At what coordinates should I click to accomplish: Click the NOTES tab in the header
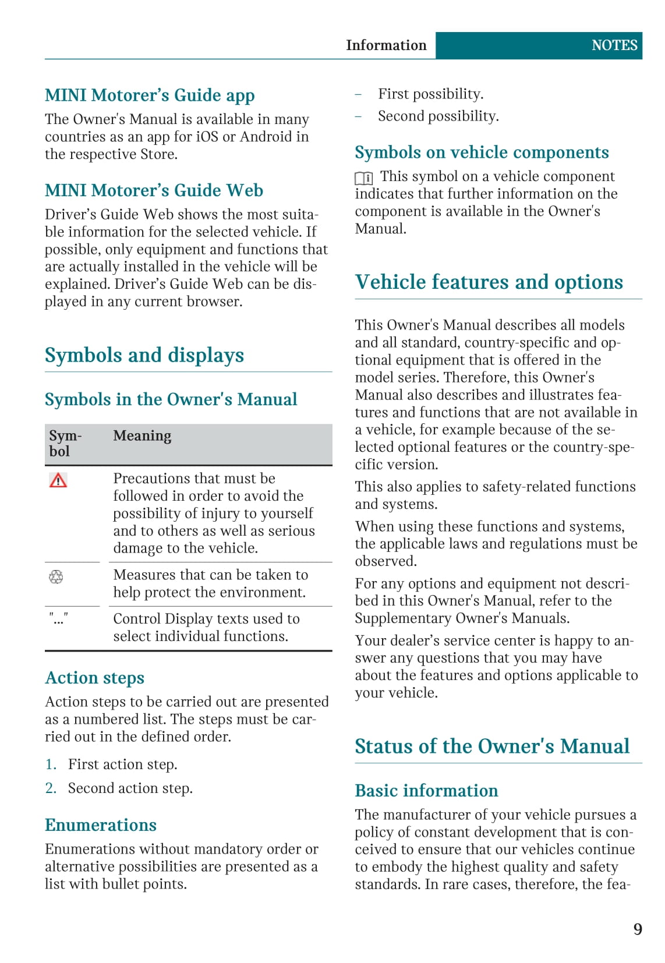pyautogui.click(x=614, y=45)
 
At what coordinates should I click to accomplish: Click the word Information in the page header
pyautogui.click(x=386, y=45)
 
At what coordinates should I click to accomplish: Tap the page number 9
pyautogui.click(x=638, y=929)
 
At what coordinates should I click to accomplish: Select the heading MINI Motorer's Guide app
pyautogui.click(x=150, y=95)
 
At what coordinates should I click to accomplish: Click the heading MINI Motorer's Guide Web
pyautogui.click(x=154, y=190)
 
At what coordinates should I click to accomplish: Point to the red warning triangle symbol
pyautogui.click(x=58, y=480)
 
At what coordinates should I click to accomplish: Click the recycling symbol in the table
pyautogui.click(x=56, y=577)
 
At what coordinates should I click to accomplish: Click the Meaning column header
pyautogui.click(x=142, y=436)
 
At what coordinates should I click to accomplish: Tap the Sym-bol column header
pyautogui.click(x=65, y=444)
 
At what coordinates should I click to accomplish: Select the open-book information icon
pyautogui.click(x=364, y=178)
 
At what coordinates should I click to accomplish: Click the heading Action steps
pyautogui.click(x=95, y=678)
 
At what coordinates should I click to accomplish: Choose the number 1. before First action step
pyautogui.click(x=51, y=764)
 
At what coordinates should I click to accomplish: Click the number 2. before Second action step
pyautogui.click(x=51, y=788)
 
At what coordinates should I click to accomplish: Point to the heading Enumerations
pyautogui.click(x=101, y=826)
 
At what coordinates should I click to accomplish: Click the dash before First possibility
pyautogui.click(x=359, y=94)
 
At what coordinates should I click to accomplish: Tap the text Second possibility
pyautogui.click(x=438, y=116)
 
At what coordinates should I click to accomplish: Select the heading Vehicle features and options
pyautogui.click(x=489, y=282)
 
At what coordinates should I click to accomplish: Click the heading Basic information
pyautogui.click(x=426, y=791)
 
